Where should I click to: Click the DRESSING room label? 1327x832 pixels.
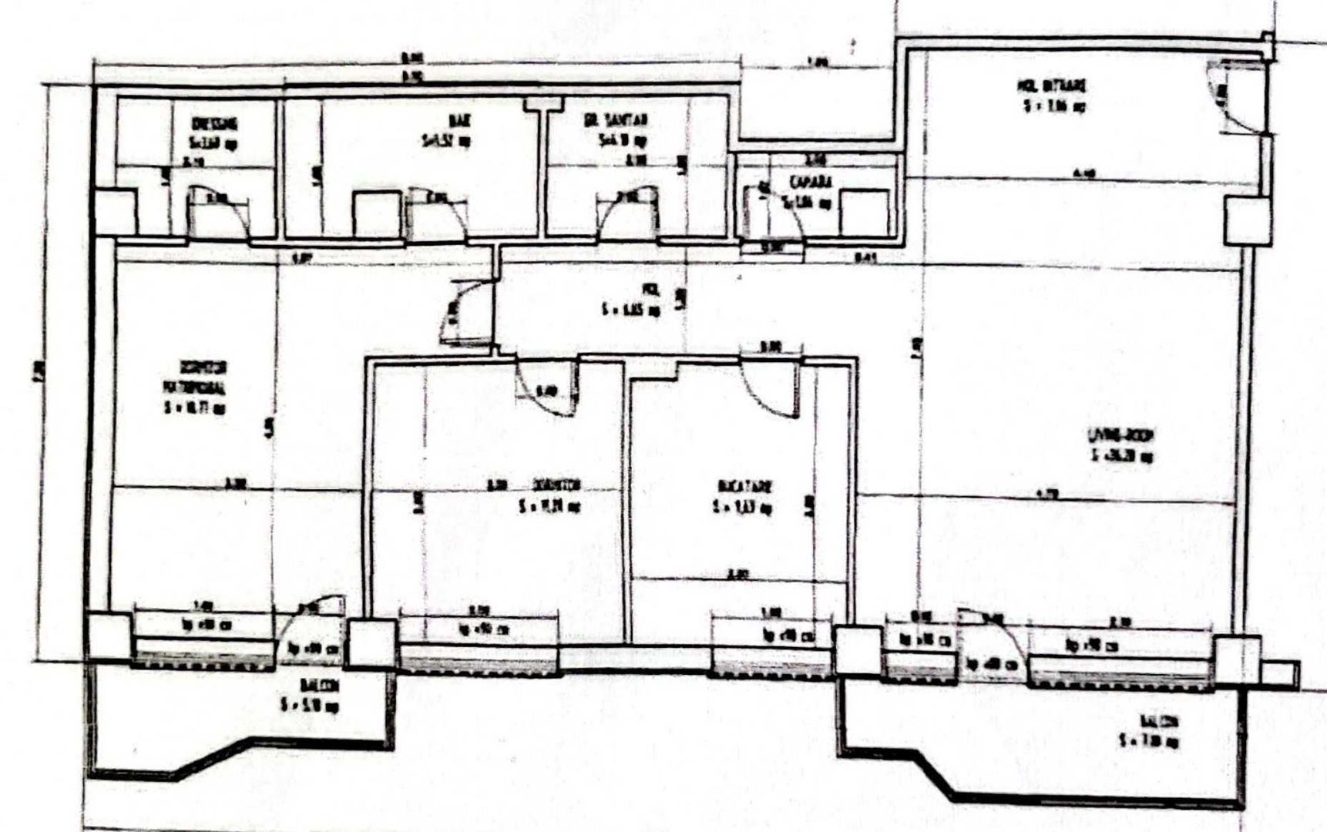click(214, 124)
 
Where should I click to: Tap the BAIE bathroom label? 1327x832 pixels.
click(460, 121)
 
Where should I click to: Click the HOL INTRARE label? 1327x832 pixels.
click(1054, 86)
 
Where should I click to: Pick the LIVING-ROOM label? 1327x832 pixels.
click(1120, 435)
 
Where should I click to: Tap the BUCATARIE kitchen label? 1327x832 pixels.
click(744, 487)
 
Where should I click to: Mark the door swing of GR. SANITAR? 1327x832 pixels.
click(630, 212)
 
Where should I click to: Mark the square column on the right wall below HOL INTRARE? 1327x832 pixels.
click(1247, 220)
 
